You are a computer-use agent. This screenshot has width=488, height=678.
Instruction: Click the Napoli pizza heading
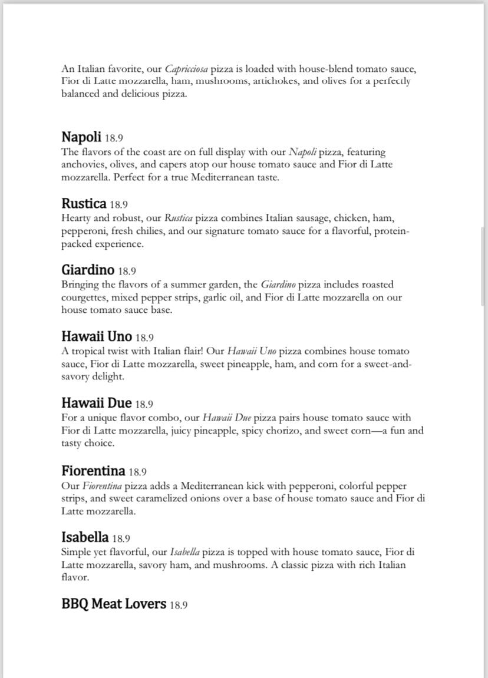81,137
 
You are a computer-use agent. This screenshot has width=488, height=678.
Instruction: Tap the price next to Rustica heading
118,205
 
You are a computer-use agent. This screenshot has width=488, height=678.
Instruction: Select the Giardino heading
88,271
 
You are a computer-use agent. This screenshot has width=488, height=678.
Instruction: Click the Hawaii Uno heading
97,338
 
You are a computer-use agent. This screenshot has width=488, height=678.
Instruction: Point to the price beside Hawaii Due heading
144,405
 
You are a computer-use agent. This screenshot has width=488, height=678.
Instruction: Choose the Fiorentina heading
93,471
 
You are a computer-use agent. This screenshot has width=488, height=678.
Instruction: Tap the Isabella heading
85,538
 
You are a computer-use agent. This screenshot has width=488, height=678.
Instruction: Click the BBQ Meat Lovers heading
114,604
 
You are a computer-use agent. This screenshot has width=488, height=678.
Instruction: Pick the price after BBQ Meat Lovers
179,605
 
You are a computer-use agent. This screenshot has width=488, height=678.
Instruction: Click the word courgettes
84,297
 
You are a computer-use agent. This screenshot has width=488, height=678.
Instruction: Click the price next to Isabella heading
121,538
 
